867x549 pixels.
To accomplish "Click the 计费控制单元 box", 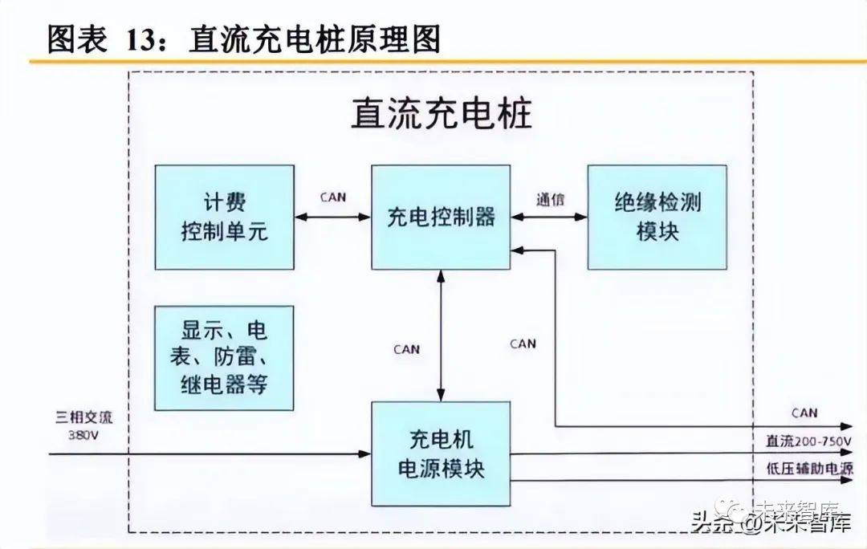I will pos(224,217).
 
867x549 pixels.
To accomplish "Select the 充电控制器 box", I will pos(441,217).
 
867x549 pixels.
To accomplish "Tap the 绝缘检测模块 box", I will pos(657,217).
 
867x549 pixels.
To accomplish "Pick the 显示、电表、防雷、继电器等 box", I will pos(224,358).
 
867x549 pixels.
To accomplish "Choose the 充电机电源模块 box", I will pos(441,454).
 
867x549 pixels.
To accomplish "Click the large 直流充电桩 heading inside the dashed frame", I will pos(441,114).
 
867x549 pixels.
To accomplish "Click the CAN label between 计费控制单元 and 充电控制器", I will pos(332,197).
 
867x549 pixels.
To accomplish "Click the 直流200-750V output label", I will pos(808,442).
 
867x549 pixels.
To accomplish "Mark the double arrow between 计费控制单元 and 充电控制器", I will pos(332,217).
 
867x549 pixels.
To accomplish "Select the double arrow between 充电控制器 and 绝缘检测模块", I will pos(549,217).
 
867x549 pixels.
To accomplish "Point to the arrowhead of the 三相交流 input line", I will pos(365,454).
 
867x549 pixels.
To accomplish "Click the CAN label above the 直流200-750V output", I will pos(804,413).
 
